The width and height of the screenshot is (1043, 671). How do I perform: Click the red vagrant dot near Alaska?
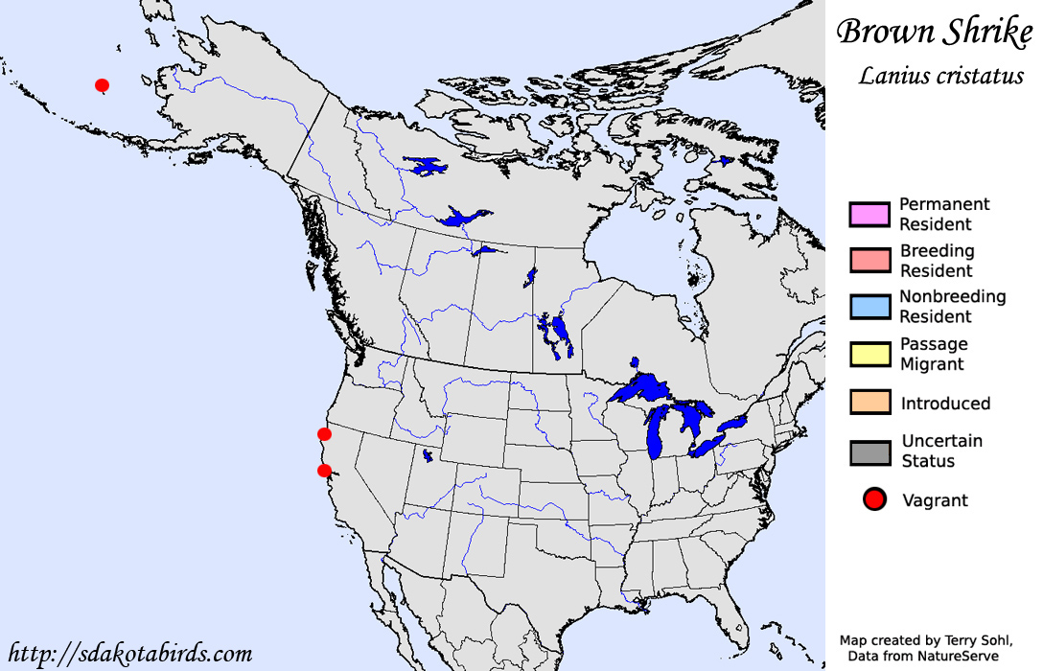[x=102, y=85]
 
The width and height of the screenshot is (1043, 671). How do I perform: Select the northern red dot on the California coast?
[x=324, y=434]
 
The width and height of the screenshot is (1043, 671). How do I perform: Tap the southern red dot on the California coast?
[x=324, y=470]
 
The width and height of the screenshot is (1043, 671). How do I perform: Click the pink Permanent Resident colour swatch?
[x=869, y=214]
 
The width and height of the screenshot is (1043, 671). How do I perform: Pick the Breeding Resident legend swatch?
[x=869, y=261]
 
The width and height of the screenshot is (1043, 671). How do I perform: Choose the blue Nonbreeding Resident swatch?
[x=869, y=307]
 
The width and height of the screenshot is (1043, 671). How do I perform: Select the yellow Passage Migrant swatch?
[x=869, y=354]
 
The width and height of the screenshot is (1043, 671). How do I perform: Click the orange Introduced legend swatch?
[x=869, y=403]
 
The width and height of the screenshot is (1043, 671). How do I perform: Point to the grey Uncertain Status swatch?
[x=869, y=451]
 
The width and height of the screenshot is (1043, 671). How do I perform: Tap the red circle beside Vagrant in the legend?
[x=872, y=499]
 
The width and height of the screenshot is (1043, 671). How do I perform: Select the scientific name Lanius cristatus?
[x=940, y=76]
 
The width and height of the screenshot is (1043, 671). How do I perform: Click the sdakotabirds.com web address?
[x=129, y=655]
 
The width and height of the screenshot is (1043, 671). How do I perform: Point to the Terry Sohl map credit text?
[x=923, y=640]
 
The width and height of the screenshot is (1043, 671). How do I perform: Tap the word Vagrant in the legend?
[x=935, y=500]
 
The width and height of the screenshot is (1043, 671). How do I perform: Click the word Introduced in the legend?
[x=945, y=404]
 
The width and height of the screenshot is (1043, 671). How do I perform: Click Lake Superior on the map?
[x=642, y=388]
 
